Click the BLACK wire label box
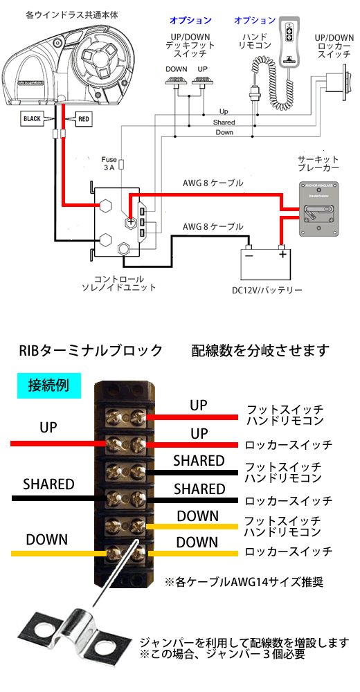click(x=33, y=119)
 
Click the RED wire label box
click(x=84, y=119)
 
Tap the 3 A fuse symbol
click(x=123, y=164)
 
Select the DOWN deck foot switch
click(x=177, y=81)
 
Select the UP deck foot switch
click(x=202, y=81)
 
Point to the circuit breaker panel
click(x=319, y=209)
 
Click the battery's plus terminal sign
click(x=282, y=255)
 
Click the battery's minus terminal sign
click(x=249, y=255)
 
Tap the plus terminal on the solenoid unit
click(x=130, y=222)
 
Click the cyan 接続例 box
click(x=49, y=385)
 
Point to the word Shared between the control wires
click(x=224, y=122)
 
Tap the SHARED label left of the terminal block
click(x=48, y=484)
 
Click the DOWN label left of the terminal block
click(x=47, y=539)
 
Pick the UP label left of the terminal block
click(x=48, y=427)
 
